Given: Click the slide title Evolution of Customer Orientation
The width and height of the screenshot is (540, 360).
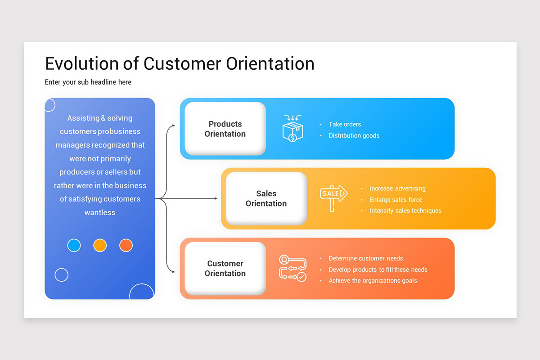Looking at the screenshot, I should (x=180, y=63).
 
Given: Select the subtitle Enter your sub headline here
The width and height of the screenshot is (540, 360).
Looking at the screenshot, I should (x=88, y=82).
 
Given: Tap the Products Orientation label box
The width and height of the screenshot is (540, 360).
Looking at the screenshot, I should (x=225, y=129).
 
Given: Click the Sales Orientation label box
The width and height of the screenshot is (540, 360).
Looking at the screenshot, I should (x=266, y=198).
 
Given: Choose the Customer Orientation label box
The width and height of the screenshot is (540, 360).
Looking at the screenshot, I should (x=225, y=268).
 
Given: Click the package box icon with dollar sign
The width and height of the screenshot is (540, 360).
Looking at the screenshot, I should (x=292, y=129).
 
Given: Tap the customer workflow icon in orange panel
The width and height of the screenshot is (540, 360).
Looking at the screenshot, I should (x=292, y=268).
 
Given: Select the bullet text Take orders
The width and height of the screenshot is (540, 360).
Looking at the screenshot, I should (x=345, y=124).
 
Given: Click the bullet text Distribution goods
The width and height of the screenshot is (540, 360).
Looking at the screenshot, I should (x=354, y=135).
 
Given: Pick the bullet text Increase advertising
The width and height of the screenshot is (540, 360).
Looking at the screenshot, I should (x=397, y=189).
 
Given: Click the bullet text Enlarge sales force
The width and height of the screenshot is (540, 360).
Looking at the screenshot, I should (x=396, y=200).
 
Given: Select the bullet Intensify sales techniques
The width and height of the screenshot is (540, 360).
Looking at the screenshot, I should (x=405, y=211).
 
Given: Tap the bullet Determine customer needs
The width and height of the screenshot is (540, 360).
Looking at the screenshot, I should (x=365, y=258).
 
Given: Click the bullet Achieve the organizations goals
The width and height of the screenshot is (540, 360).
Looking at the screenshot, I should (x=373, y=280).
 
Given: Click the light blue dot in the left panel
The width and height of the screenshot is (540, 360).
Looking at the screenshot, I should (x=74, y=245).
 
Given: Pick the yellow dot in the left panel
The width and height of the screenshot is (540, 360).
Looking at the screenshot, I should (x=100, y=245).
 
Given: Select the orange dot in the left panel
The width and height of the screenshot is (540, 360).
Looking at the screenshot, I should (x=126, y=245).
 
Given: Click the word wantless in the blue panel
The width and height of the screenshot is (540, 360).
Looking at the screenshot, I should (x=100, y=212).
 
